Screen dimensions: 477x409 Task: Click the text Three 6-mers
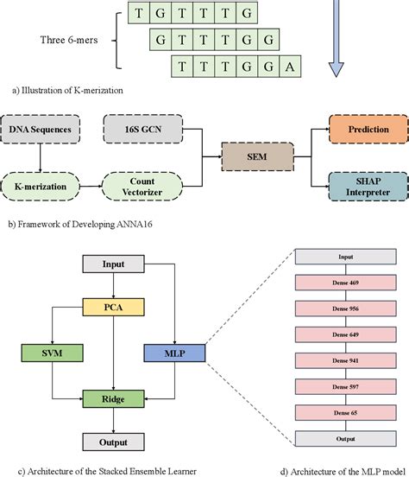[x=71, y=39]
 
